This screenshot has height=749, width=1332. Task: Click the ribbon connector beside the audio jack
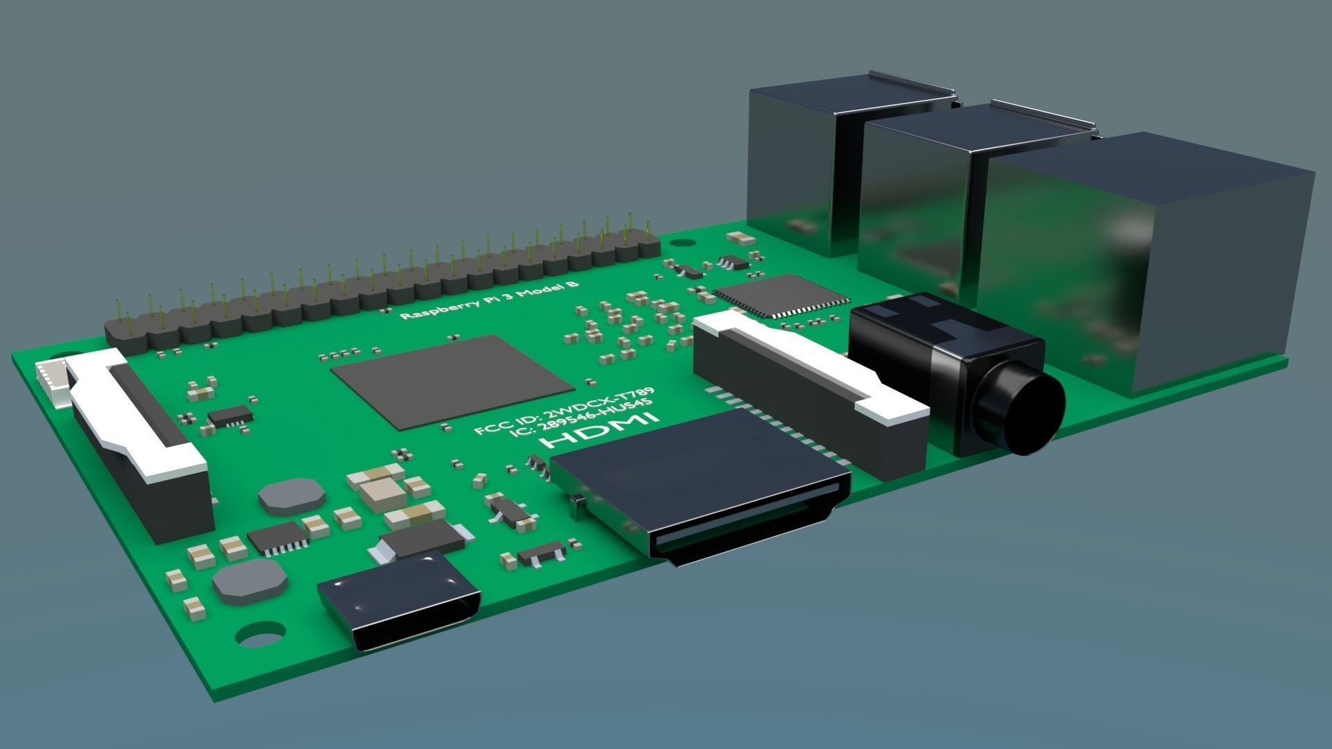(812, 388)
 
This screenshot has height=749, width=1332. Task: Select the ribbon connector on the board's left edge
(139, 444)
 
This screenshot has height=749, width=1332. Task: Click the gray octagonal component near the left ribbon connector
(291, 496)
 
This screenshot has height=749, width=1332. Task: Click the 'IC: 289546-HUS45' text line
(581, 420)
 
